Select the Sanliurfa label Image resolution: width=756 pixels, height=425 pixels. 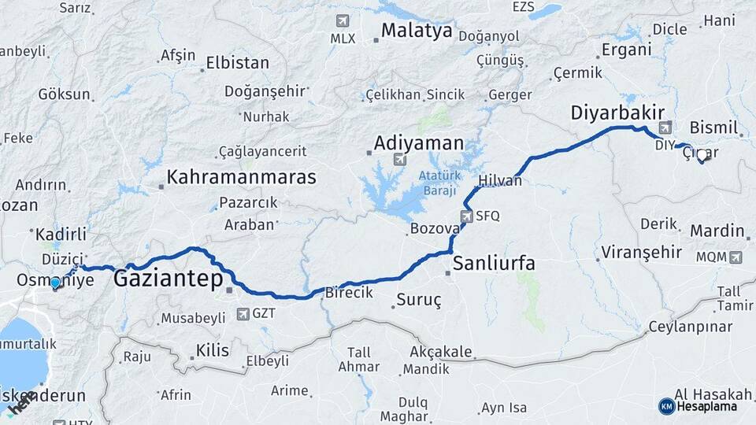pos(494,263)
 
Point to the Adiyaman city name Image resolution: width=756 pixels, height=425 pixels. pos(419,143)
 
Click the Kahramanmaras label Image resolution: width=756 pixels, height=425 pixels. pos(242,176)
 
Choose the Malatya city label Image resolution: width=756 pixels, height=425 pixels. pos(417,31)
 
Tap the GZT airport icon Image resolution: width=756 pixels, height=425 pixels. pos(243,314)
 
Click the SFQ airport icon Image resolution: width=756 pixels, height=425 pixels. pos(468,216)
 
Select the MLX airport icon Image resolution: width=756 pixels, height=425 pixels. pos(342,20)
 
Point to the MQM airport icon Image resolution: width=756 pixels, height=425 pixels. pos(736,257)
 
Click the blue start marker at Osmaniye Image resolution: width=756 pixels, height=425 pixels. pos(55,283)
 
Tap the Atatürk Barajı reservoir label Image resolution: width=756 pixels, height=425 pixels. pos(439,183)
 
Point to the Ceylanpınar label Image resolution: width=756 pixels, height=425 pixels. pos(689,326)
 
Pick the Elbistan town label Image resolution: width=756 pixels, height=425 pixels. pos(237,63)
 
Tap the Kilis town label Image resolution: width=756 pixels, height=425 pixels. pos(213,349)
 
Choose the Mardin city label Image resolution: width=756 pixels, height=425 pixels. pos(717,231)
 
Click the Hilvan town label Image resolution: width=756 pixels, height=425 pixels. pos(500,180)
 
